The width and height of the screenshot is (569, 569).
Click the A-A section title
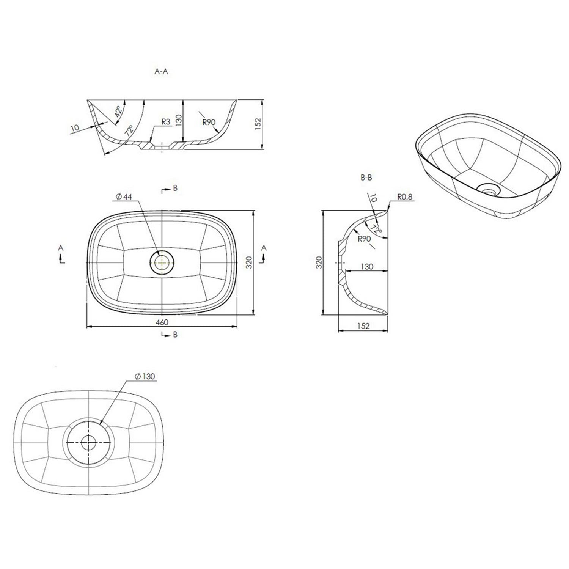tap(161, 72)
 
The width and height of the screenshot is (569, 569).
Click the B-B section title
tap(366, 178)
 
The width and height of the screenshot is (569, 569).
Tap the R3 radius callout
tap(165, 122)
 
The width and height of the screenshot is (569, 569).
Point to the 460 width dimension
tap(162, 322)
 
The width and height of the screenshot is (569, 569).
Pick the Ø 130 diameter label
tap(145, 376)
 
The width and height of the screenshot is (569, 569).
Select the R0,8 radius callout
tap(404, 197)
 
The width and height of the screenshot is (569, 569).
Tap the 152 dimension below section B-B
tap(363, 326)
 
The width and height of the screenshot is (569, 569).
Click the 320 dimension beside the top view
tap(249, 262)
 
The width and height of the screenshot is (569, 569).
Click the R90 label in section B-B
tap(363, 239)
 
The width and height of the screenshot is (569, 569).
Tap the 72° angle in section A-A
tap(129, 131)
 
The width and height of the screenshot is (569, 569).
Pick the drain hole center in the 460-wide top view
tap(162, 262)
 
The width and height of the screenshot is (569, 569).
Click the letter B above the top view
tap(175, 188)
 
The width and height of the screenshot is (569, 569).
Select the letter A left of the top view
tap(61, 248)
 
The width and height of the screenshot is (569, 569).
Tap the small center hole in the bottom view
tap(88, 442)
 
